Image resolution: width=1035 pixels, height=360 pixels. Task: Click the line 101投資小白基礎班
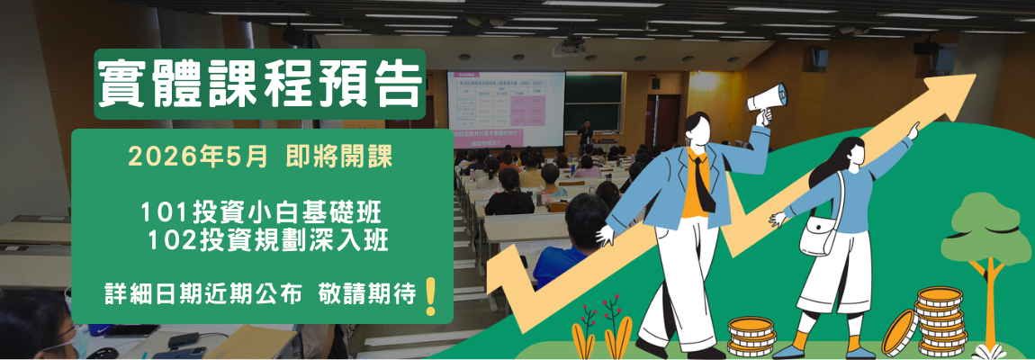coord(261,213)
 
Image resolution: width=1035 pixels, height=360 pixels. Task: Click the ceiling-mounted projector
coord(569,47)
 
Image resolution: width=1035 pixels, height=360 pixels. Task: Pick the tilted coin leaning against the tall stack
coord(897,332)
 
